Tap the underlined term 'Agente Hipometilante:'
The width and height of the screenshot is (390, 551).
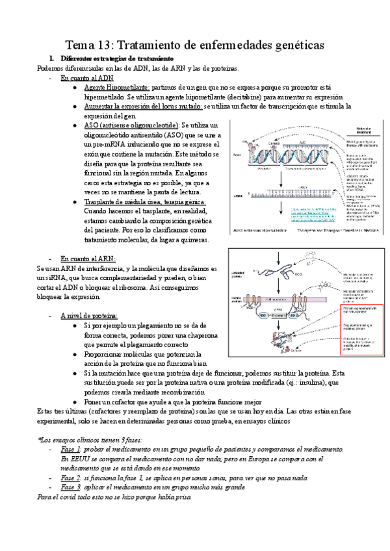click(x=117, y=87)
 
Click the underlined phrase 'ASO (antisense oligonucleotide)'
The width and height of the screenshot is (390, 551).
click(x=131, y=124)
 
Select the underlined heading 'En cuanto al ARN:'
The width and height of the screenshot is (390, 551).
click(x=88, y=259)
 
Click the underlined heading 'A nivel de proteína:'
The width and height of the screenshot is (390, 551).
click(x=90, y=315)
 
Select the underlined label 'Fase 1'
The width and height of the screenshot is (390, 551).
click(x=70, y=449)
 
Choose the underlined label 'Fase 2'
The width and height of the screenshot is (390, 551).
click(x=70, y=478)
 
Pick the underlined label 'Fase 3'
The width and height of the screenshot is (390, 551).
click(x=70, y=487)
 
